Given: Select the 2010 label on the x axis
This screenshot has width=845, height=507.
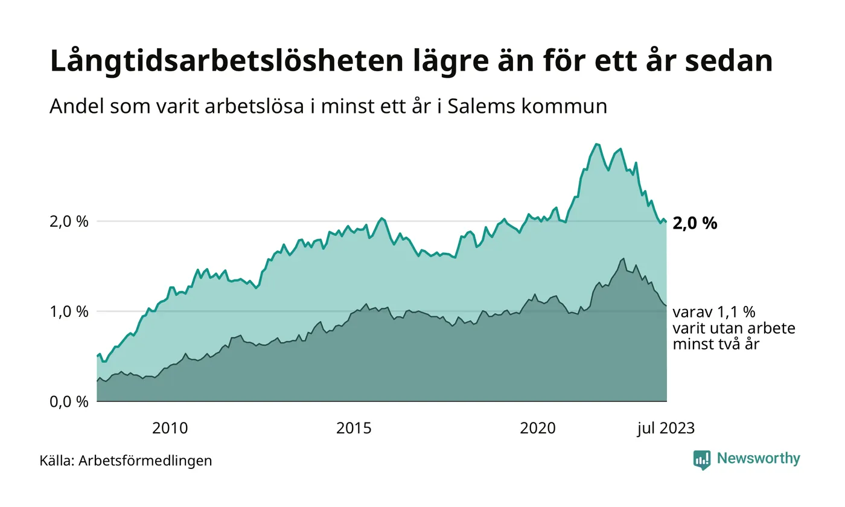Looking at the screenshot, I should click(170, 429).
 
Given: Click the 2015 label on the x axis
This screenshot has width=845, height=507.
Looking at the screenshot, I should click(354, 429).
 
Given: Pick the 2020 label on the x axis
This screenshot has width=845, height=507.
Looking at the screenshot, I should click(538, 429).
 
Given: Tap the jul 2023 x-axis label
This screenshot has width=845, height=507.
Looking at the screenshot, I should click(666, 429).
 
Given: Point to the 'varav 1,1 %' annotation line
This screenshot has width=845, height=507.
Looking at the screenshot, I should click(713, 313).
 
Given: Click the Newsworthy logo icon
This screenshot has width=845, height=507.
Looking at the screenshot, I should click(702, 459).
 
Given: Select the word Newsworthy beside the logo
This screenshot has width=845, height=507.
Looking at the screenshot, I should click(758, 459).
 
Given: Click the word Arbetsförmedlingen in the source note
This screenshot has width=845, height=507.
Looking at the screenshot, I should click(145, 461).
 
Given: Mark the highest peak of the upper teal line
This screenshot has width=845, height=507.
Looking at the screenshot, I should click(597, 144).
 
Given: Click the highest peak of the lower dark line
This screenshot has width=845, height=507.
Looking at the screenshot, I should click(623, 258).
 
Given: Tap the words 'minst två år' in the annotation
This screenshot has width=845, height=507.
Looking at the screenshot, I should click(716, 345).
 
